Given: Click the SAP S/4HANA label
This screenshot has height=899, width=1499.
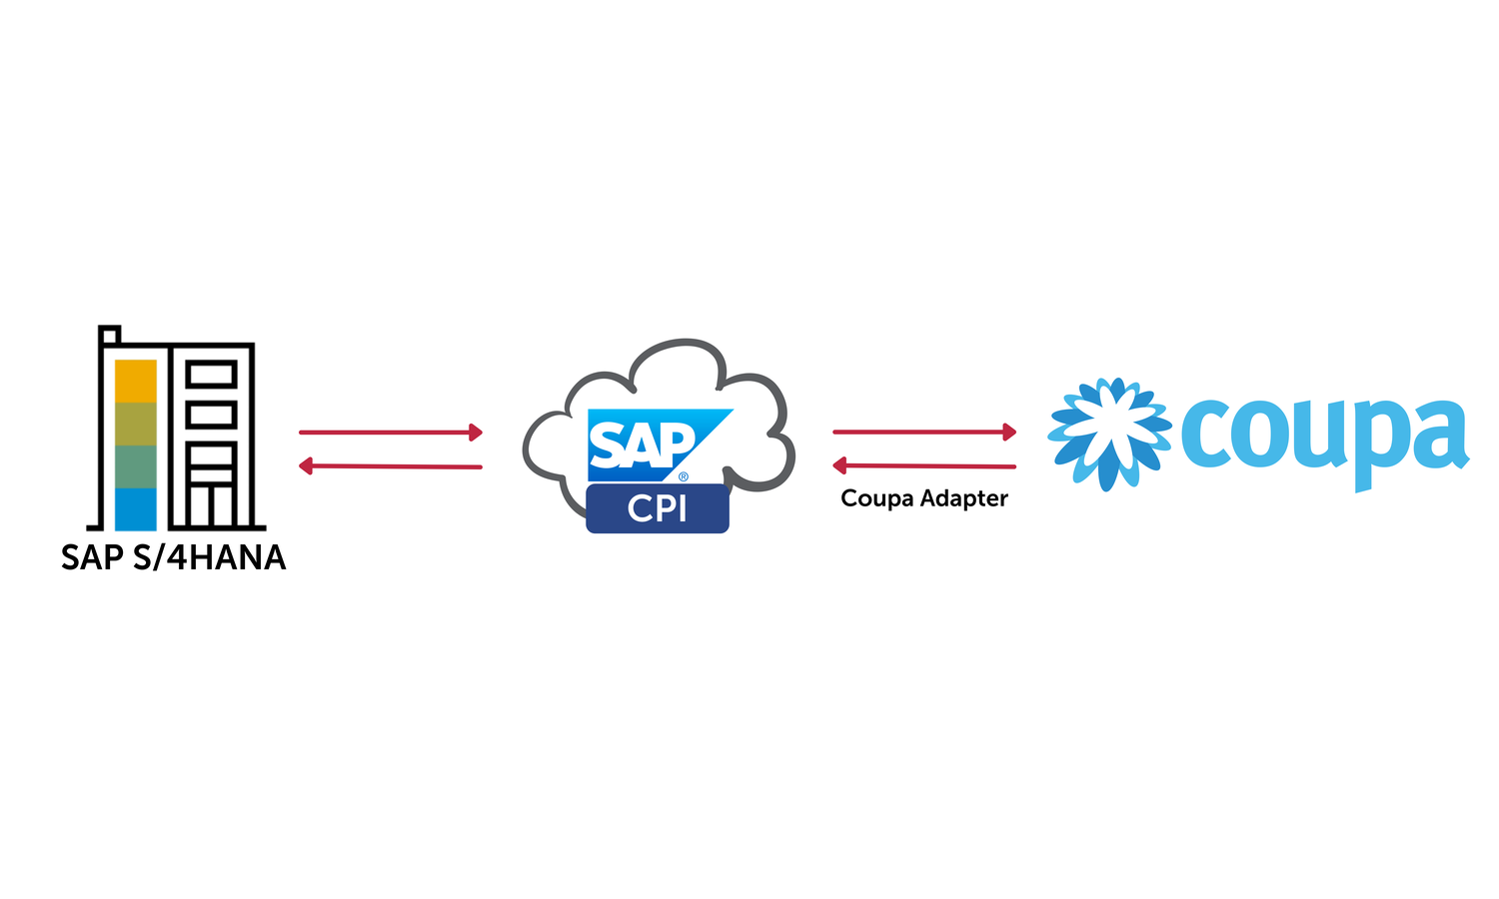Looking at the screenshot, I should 173,557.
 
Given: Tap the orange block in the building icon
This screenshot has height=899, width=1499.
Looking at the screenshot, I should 136,381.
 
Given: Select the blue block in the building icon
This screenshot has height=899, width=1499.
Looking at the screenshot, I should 136,508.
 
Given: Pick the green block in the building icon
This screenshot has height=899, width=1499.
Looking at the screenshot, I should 136,466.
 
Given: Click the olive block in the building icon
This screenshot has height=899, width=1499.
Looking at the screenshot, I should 136,424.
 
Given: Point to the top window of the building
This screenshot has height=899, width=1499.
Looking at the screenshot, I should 211,375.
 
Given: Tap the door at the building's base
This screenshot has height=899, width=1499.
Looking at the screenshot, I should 211,506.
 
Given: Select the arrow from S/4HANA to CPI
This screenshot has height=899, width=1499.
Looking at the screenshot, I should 391,433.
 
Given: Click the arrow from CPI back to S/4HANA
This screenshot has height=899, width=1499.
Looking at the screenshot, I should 391,465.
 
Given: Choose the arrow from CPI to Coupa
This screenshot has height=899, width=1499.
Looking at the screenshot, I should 924,432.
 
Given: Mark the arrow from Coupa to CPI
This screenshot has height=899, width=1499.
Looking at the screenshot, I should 924,465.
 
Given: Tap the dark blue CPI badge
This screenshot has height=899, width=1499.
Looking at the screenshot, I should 658,508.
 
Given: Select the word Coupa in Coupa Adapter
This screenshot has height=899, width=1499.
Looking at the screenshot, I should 876,498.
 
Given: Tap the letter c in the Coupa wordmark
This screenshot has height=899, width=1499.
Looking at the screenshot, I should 1206,435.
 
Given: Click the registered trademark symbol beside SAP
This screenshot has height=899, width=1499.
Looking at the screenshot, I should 684,476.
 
